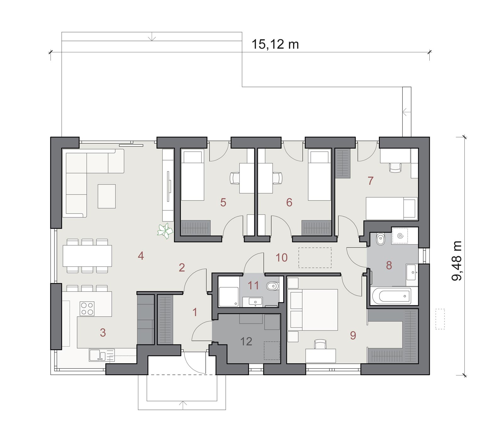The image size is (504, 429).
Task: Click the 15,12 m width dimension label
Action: [x=275, y=44]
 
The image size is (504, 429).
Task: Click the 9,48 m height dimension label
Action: [x=456, y=260]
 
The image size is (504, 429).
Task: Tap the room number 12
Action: [x=246, y=341]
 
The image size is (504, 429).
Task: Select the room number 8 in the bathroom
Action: [x=389, y=265]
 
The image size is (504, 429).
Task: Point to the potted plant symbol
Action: [x=165, y=231]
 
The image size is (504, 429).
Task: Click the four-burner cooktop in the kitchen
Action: [x=87, y=309]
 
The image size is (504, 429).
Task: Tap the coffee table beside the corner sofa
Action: [x=106, y=196]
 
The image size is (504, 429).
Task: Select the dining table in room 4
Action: [x=87, y=256]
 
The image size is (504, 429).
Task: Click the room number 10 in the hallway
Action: [x=282, y=258]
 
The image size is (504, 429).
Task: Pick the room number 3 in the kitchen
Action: [x=103, y=332]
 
